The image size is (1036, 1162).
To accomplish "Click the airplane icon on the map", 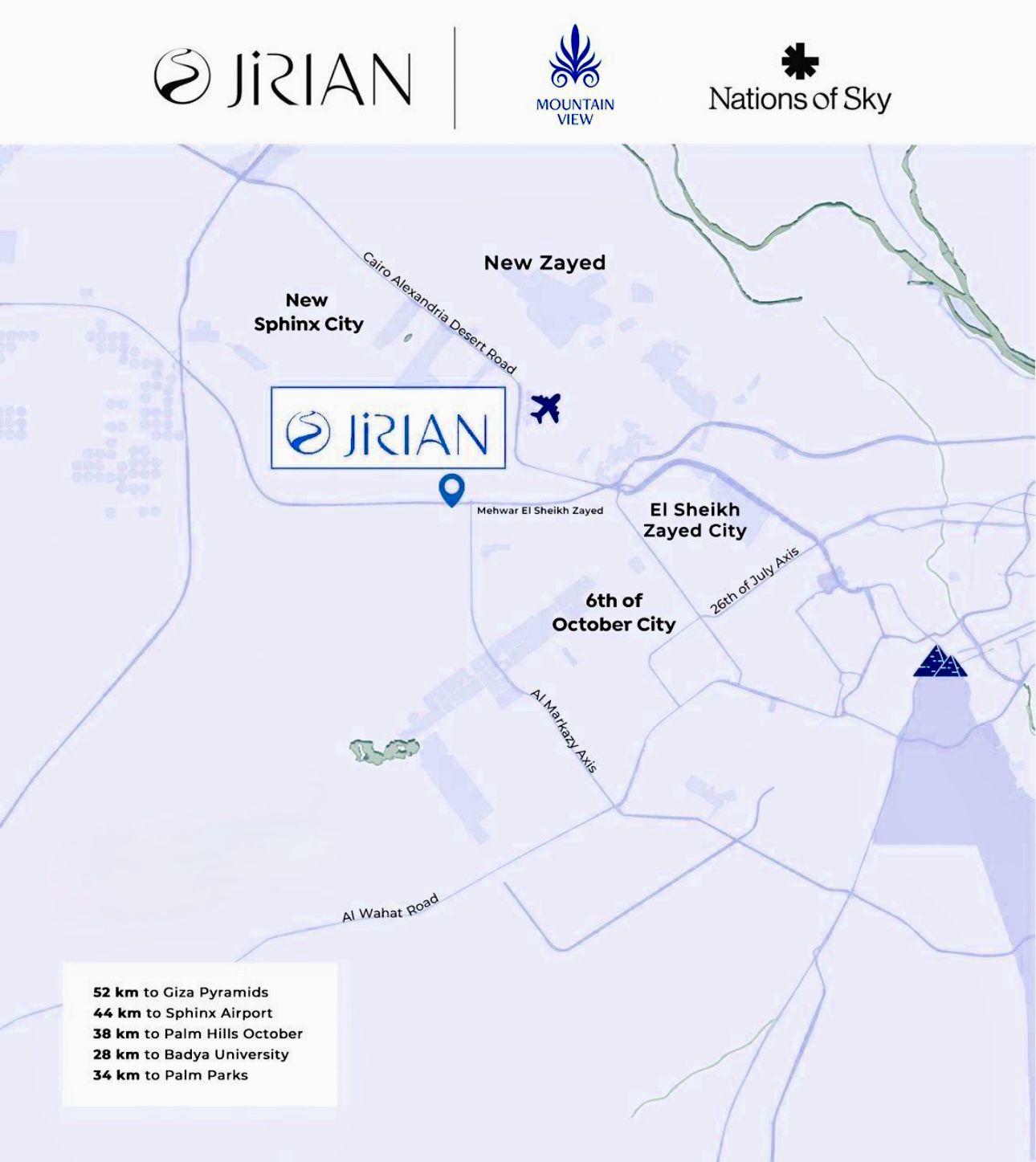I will pyautogui.click(x=545, y=408).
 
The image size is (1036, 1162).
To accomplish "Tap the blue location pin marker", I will pyautogui.click(x=452, y=489).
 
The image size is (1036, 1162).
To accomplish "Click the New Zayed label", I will pyautogui.click(x=545, y=263).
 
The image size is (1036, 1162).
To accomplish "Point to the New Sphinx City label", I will pyautogui.click(x=308, y=312).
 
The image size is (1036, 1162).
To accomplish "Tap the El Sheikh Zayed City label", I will pyautogui.click(x=695, y=520).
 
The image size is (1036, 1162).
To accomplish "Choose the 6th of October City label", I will pyautogui.click(x=614, y=613).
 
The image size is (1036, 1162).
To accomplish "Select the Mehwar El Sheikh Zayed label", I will pyautogui.click(x=540, y=510).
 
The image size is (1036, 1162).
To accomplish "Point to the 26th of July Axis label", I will pyautogui.click(x=755, y=581).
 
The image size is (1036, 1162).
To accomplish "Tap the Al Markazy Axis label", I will pyautogui.click(x=564, y=730).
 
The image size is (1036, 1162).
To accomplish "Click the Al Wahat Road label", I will pyautogui.click(x=390, y=908).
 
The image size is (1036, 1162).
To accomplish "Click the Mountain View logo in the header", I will pyautogui.click(x=575, y=75).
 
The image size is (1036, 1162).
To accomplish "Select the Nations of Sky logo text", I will pyautogui.click(x=800, y=99).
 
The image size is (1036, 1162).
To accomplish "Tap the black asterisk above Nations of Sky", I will pyautogui.click(x=800, y=62).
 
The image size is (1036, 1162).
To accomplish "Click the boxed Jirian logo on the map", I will pyautogui.click(x=388, y=428).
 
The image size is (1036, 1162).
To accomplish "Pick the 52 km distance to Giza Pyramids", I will pyautogui.click(x=181, y=992).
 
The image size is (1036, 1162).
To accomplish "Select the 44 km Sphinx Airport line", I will pyautogui.click(x=183, y=1013).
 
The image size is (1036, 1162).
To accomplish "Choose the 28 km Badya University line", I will pyautogui.click(x=191, y=1054).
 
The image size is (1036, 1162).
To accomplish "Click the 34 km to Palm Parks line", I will pyautogui.click(x=170, y=1074).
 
